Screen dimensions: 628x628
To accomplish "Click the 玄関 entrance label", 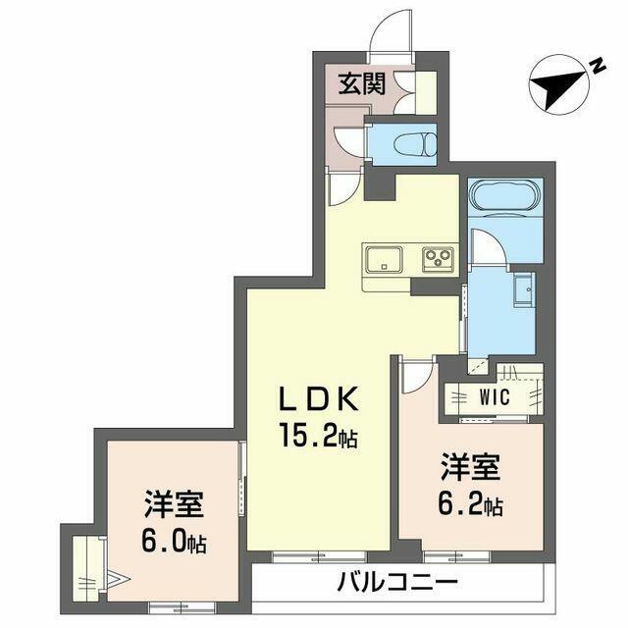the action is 362,83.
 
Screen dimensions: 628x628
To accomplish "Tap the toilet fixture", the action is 415,143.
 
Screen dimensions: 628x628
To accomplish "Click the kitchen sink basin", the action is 384,258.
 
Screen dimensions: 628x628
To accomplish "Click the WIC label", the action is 495,396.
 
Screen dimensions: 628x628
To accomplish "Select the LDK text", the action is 318,399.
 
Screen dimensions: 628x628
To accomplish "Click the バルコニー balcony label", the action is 396,582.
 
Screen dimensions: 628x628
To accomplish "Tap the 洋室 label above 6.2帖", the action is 471,467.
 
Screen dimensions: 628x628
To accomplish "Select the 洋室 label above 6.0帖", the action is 175,503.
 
